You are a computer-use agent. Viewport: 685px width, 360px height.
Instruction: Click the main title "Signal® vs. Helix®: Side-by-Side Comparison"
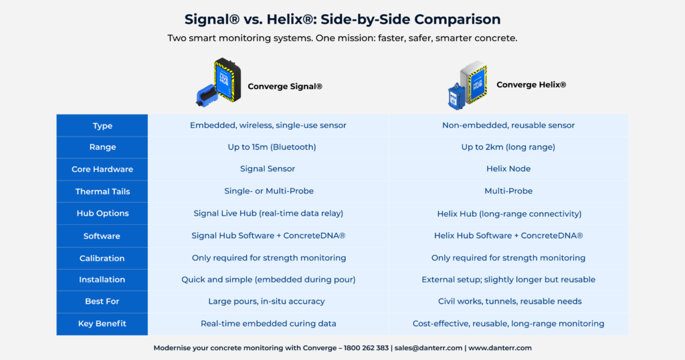[x=342, y=19]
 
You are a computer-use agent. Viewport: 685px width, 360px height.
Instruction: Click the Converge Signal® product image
[x=218, y=84]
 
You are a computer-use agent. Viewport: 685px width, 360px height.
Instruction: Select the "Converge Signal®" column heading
[x=285, y=86]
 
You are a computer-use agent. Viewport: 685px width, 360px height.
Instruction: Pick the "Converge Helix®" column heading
[x=531, y=85]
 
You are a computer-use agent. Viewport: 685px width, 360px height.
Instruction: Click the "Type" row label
[x=102, y=126]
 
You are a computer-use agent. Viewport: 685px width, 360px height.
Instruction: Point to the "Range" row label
[x=102, y=147]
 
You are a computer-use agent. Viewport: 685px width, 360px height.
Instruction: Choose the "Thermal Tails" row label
[x=102, y=191]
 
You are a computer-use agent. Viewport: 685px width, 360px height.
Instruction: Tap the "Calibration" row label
[x=102, y=258]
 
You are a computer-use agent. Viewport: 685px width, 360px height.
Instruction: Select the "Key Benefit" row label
[x=102, y=324]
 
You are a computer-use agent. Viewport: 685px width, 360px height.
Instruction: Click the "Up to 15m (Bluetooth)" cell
[x=268, y=147]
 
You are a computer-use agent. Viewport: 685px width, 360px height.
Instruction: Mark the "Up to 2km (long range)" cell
[x=508, y=147]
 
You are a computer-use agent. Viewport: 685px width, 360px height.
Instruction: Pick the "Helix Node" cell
[x=508, y=169]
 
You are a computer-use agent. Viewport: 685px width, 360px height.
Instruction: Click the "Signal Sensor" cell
[x=268, y=169]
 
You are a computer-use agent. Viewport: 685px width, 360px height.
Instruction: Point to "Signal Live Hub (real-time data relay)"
[x=268, y=213]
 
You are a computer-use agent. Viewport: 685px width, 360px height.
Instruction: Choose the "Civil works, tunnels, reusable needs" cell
[x=509, y=302]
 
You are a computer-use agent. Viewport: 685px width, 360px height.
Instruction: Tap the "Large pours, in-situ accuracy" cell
[x=268, y=302]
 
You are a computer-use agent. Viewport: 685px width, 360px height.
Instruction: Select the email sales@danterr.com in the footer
[x=427, y=348]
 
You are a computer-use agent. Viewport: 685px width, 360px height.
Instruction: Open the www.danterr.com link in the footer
[x=500, y=348]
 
